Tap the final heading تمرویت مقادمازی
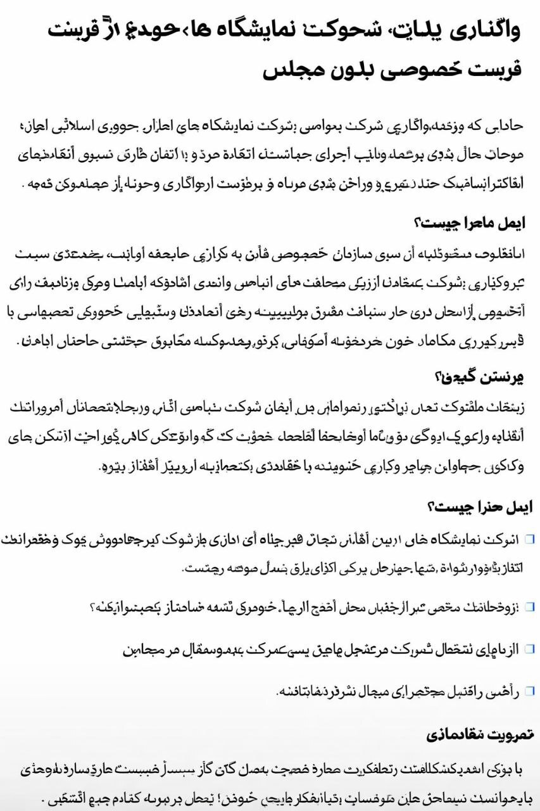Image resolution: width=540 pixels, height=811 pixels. (x=481, y=734)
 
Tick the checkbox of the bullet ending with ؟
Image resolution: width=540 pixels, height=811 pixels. (x=529, y=608)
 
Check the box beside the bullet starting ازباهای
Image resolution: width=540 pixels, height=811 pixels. (x=529, y=649)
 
